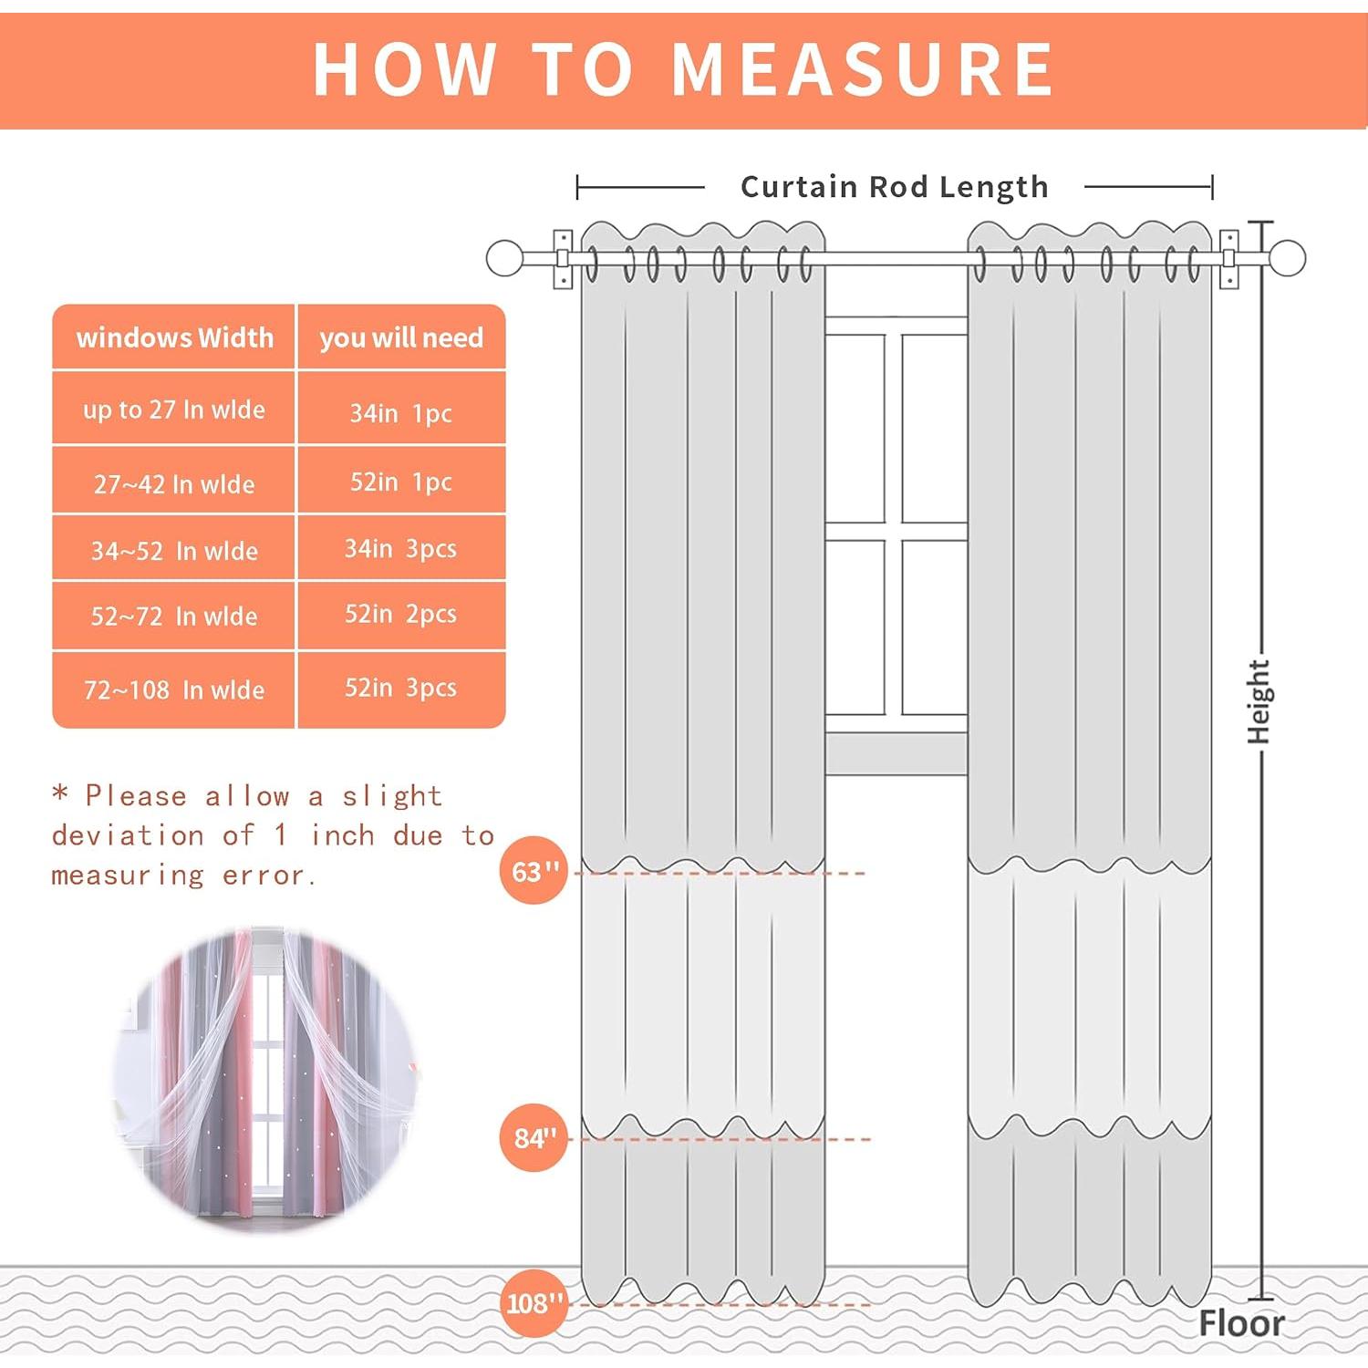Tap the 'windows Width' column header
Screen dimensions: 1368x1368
click(x=174, y=337)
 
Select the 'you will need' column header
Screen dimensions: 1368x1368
click(x=401, y=337)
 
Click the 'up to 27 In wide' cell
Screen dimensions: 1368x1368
click(x=174, y=409)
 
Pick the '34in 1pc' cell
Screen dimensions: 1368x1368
click(x=401, y=409)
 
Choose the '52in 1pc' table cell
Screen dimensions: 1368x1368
click(x=401, y=481)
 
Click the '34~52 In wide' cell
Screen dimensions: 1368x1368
click(x=174, y=548)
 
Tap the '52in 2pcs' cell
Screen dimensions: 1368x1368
click(x=401, y=615)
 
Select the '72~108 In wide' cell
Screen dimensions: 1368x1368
click(x=174, y=689)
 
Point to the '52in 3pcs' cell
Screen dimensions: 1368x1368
click(x=401, y=689)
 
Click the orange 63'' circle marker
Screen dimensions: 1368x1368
click(x=534, y=871)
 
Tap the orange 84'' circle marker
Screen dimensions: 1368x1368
click(x=534, y=1137)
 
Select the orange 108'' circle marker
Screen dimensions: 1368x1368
click(x=534, y=1303)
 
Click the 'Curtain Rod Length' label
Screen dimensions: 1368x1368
click(x=895, y=187)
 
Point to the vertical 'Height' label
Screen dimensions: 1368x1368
click(x=1259, y=702)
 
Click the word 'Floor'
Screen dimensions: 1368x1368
click(x=1241, y=1323)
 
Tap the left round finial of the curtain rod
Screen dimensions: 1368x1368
click(x=504, y=258)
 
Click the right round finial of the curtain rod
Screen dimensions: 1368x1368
click(x=1288, y=258)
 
